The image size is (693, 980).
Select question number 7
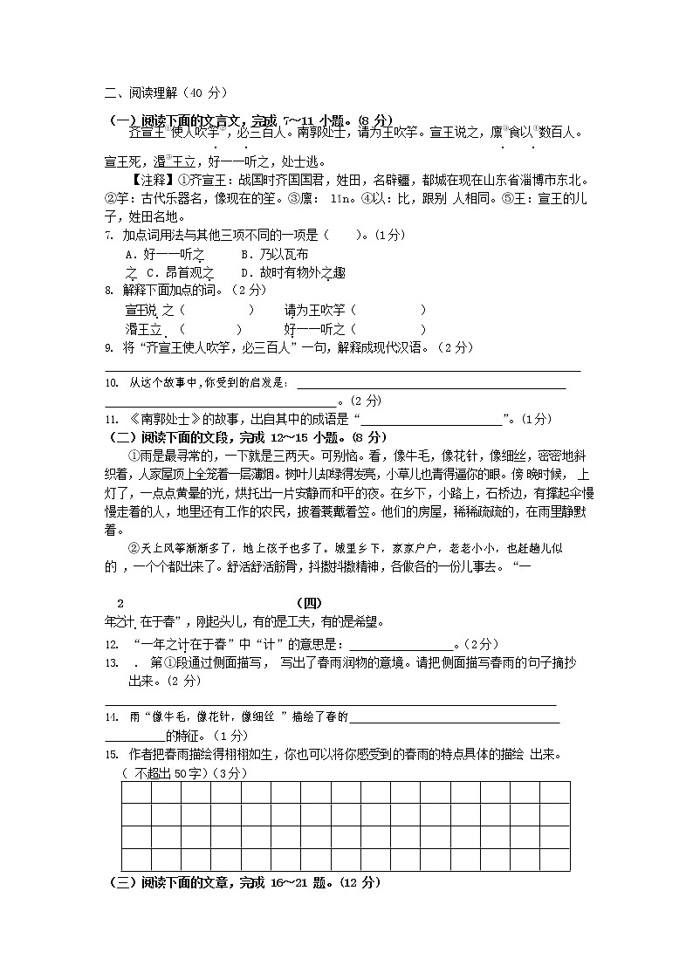point(107,235)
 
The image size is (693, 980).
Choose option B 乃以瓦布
point(274,254)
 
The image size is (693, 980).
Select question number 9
point(107,347)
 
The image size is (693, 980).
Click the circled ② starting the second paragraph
point(134,548)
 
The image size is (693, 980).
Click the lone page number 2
point(120,603)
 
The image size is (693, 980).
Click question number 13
point(110,663)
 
